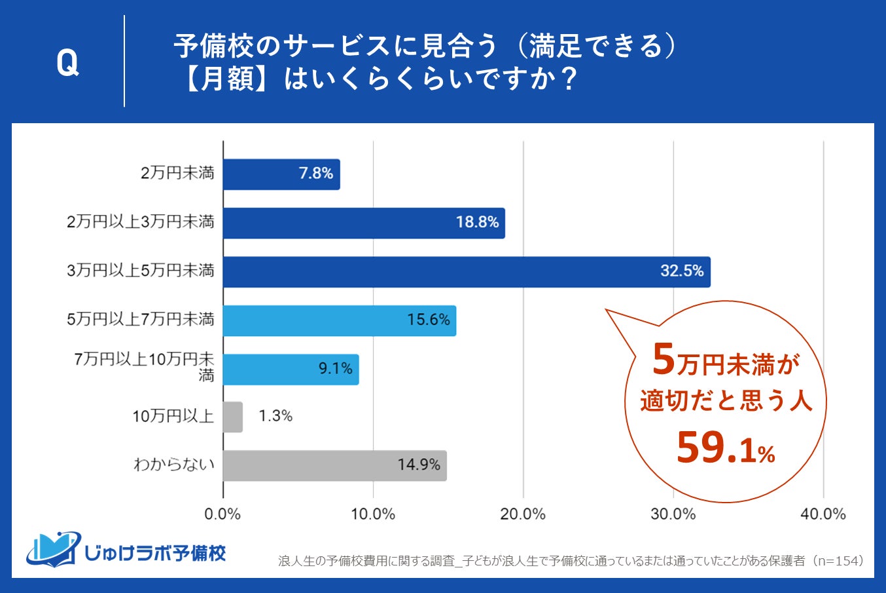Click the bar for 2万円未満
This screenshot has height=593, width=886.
pyautogui.click(x=281, y=174)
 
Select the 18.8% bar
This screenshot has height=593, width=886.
pyautogui.click(x=364, y=223)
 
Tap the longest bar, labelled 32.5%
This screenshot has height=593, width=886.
pyautogui.click(x=466, y=271)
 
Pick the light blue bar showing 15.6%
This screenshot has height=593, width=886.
pyautogui.click(x=339, y=320)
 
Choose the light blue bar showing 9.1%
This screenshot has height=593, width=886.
pyautogui.click(x=291, y=369)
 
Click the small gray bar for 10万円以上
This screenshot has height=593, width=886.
pyautogui.click(x=232, y=417)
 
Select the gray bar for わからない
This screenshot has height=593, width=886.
pyautogui.click(x=334, y=465)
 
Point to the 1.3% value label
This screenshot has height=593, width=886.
pyautogui.click(x=275, y=416)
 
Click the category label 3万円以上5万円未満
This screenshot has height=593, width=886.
pyautogui.click(x=140, y=271)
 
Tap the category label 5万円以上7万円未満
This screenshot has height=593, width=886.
pyautogui.click(x=140, y=319)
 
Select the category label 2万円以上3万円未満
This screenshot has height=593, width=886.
pyautogui.click(x=140, y=222)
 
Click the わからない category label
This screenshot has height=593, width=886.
pyautogui.click(x=173, y=465)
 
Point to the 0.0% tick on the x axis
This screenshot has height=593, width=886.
pyautogui.click(x=222, y=514)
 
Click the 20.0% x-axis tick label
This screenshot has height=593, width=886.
pyautogui.click(x=523, y=514)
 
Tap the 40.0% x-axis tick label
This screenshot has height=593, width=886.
pyautogui.click(x=823, y=514)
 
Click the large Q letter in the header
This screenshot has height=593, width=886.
pyautogui.click(x=67, y=63)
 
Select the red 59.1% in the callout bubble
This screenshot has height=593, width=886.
pyautogui.click(x=725, y=449)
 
